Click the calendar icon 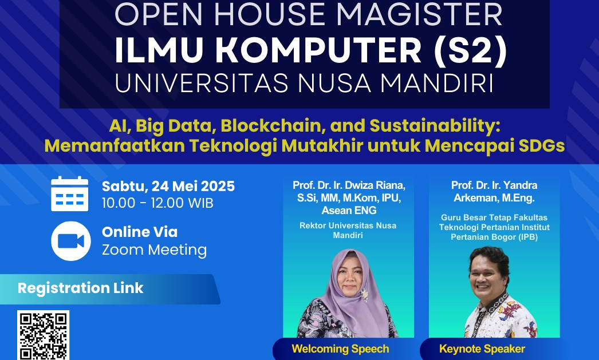coord(69,193)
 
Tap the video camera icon coord(70,241)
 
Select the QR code coord(43,335)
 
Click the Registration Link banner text coord(80,288)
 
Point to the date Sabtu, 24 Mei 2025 coord(168,187)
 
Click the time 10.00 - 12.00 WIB coord(157,203)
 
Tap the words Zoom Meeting coord(155,250)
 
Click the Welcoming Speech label coord(340,349)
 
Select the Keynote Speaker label coord(482,349)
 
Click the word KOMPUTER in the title coord(318,50)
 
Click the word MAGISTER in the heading coord(419,14)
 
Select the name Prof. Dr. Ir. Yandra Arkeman coord(494,191)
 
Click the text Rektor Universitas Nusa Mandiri coord(348,230)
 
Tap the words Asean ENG coord(349,211)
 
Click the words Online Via coord(139,232)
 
